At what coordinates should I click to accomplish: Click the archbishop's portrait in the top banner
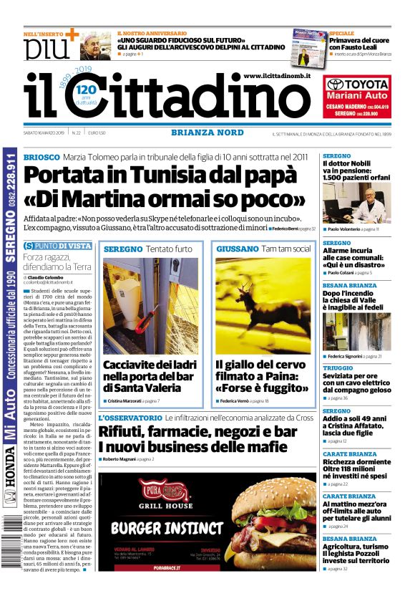click(94, 45)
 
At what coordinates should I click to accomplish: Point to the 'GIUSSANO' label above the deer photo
click(237, 249)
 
